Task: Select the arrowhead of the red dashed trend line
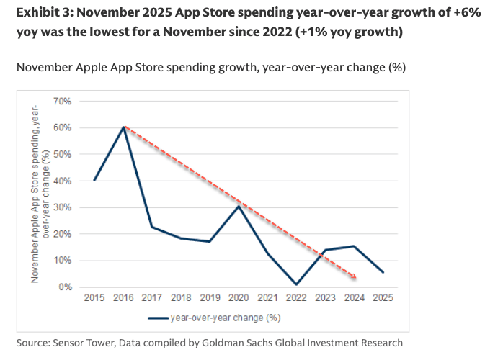355,276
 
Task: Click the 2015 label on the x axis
94,297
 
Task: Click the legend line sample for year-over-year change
158,317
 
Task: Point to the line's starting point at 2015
94,181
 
